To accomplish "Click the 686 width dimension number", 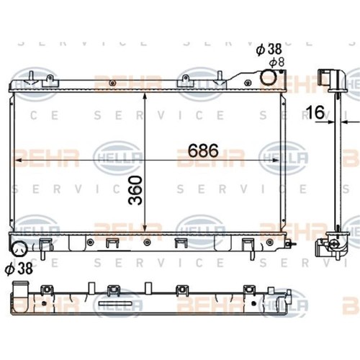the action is coord(203,150).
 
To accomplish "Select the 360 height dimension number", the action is coord(135,190).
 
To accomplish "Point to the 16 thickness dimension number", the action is coord(315,112).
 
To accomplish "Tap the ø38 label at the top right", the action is coord(269,50).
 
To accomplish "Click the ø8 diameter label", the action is coord(276,63).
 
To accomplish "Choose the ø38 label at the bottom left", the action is coord(19,269).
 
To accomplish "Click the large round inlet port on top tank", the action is coord(269,77).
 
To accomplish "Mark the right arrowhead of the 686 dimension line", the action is coord(276,160).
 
